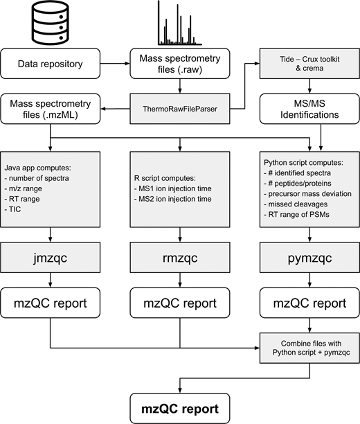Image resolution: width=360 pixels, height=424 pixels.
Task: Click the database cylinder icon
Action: point(51,22)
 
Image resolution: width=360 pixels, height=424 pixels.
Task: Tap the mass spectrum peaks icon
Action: point(180,23)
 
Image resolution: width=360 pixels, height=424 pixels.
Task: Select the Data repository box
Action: point(51,64)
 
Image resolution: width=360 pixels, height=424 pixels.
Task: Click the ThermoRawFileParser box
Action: point(180,109)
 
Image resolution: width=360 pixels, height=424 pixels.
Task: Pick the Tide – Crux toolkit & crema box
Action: point(309,64)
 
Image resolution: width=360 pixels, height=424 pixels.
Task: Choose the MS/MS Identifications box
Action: point(309,109)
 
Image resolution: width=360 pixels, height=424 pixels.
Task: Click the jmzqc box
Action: point(51,258)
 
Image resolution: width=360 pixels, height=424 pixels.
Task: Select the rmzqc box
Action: point(180,258)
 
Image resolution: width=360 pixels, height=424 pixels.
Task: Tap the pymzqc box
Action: point(309,258)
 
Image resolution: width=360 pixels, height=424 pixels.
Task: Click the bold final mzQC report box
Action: point(180,408)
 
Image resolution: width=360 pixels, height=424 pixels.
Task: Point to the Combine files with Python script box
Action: point(309,348)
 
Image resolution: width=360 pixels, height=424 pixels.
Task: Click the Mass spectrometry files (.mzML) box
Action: point(51,109)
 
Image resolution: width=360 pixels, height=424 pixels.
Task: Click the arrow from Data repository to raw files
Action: point(115,64)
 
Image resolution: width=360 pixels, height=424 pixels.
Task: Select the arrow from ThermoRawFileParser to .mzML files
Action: point(115,109)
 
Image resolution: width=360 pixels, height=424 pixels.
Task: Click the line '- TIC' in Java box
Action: point(12,209)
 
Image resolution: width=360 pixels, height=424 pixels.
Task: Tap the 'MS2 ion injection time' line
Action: point(172,199)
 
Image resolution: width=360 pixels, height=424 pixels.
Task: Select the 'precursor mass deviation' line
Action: point(307,193)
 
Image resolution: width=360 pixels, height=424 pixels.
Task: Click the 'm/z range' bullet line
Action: point(24,188)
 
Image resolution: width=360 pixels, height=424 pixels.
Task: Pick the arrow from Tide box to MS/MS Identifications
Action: point(309,86)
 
